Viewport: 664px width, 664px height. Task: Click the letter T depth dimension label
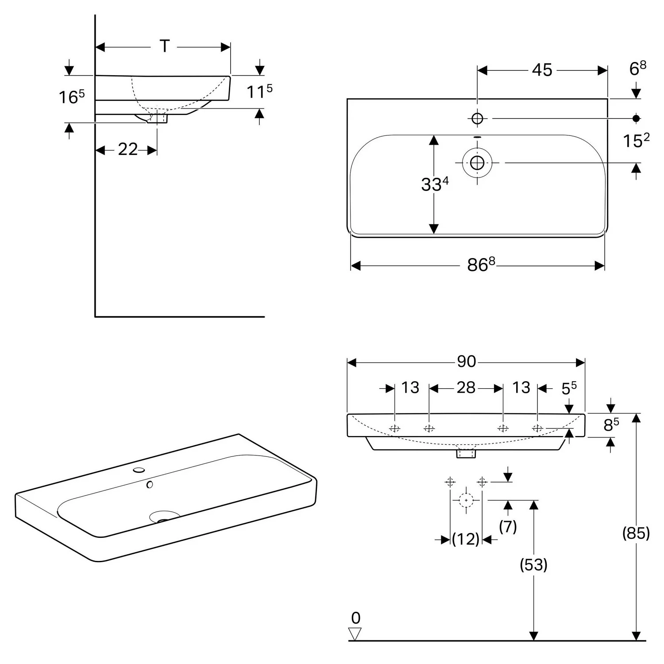pos(165,46)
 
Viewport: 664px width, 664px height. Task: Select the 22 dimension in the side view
pos(127,150)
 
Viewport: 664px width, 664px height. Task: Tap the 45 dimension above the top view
pos(542,70)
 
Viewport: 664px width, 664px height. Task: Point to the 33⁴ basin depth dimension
pos(435,184)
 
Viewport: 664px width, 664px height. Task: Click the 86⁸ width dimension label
pos(481,265)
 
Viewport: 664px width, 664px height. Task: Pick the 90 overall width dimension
pos(466,362)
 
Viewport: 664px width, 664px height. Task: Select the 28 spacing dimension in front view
pos(466,388)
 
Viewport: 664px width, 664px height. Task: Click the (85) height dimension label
pos(636,533)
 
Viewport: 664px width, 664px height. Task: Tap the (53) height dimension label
pos(533,564)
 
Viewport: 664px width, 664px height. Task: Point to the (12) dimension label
pos(466,539)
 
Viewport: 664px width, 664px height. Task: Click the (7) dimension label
pos(508,526)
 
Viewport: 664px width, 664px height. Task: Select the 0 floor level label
pos(355,618)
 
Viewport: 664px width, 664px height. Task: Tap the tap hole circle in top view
pos(477,119)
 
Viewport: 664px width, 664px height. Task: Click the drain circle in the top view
pos(477,163)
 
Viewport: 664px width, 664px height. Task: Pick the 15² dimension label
pos(636,140)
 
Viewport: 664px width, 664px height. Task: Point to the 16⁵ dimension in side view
pos(71,97)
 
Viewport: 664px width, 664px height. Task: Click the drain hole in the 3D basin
pos(164,517)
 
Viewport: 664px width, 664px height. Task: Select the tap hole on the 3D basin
pos(139,470)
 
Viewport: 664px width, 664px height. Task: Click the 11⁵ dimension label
pos(259,91)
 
